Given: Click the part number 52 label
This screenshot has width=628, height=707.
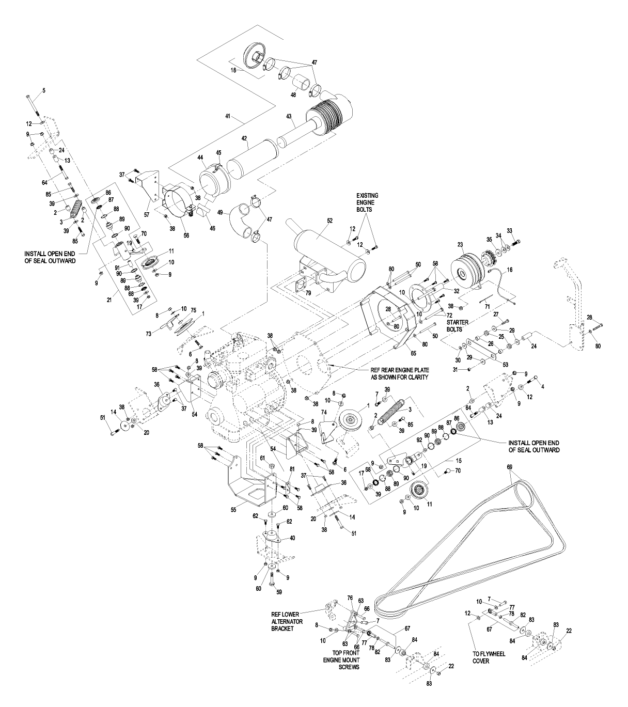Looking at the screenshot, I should point(315,221).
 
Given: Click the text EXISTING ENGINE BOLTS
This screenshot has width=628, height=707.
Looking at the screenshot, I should point(367,202).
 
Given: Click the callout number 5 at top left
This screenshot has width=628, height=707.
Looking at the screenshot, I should point(44,90).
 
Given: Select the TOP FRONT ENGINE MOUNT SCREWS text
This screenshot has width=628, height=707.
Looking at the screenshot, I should point(341,660).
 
